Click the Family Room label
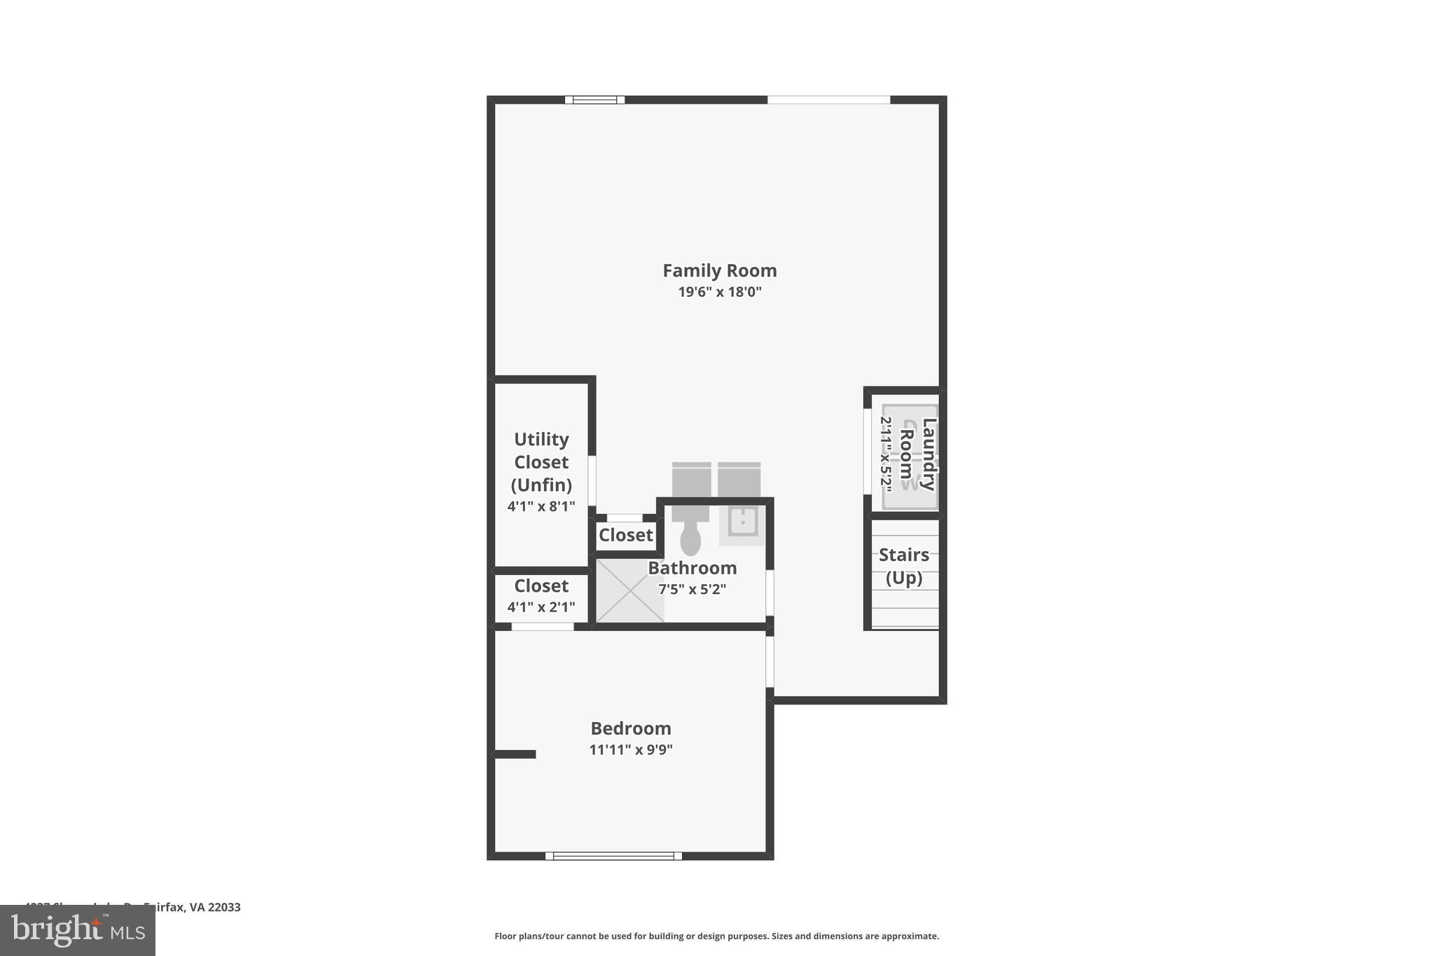click(719, 270)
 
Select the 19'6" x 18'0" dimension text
click(719, 292)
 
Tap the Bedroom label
click(630, 728)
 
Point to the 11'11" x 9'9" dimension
click(630, 750)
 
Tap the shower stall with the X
click(629, 590)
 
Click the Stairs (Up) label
click(903, 566)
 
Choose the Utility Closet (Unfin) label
click(541, 462)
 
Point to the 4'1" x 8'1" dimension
click(541, 506)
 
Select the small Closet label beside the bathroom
click(625, 535)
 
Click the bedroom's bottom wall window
click(613, 856)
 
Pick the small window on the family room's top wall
click(594, 100)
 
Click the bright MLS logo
click(78, 931)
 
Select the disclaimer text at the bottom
click(716, 936)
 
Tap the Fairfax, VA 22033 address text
click(192, 908)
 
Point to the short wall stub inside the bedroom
click(515, 754)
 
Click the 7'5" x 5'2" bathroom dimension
click(692, 590)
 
